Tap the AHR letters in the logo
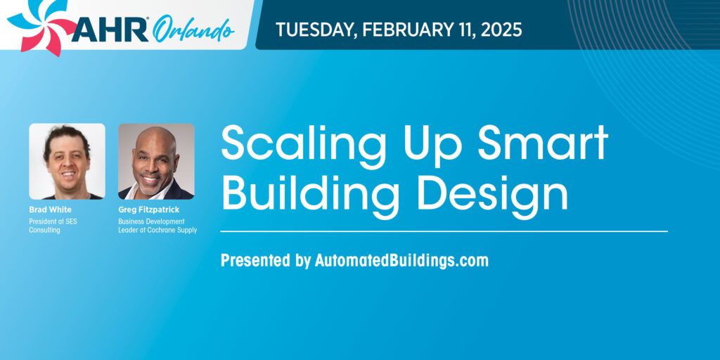pyautogui.click(x=110, y=30)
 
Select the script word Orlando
pyautogui.click(x=193, y=30)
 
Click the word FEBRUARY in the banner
pyautogui.click(x=404, y=30)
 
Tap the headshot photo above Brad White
pyautogui.click(x=67, y=161)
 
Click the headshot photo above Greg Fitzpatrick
pyautogui.click(x=156, y=161)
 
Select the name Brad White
pyautogui.click(x=50, y=210)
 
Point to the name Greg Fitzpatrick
pyautogui.click(x=149, y=210)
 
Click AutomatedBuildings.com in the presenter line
pyautogui.click(x=401, y=260)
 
